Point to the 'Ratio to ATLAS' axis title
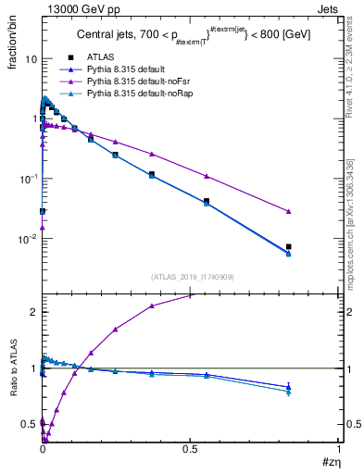13,388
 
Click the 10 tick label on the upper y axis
30,58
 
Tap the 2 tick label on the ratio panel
33,312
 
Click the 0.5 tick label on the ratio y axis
30,425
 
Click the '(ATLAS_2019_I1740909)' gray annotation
191,277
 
